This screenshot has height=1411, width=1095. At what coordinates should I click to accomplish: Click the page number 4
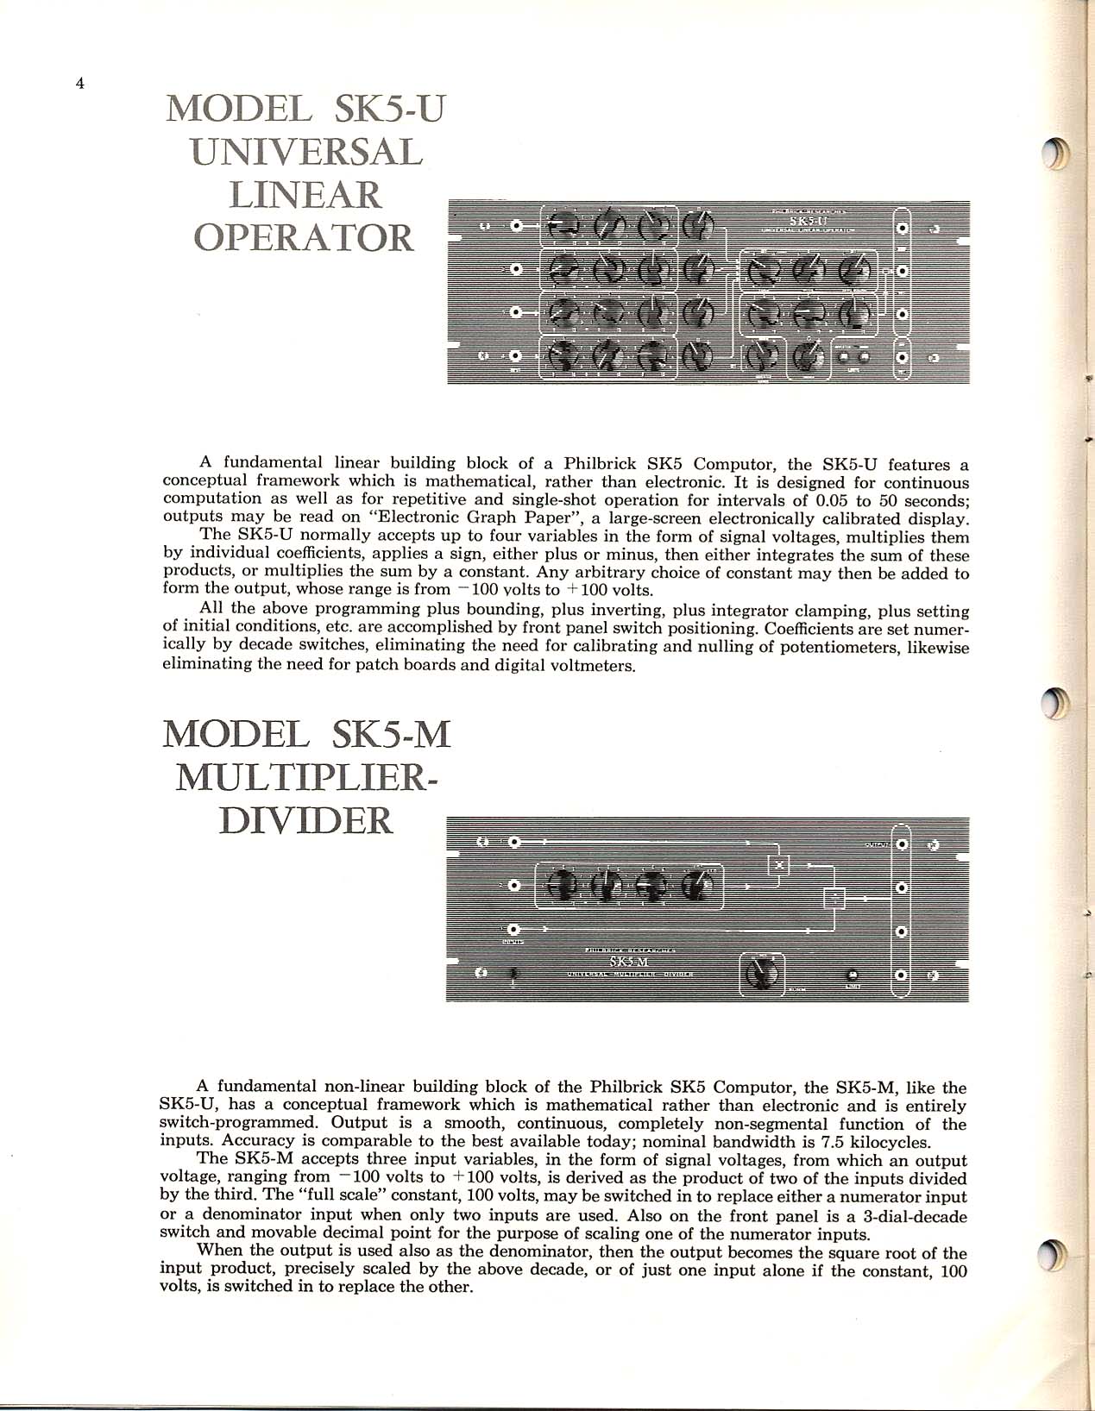click(79, 84)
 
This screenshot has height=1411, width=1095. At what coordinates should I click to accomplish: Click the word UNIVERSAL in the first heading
click(307, 152)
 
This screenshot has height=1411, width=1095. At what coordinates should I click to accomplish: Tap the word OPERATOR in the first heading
click(305, 236)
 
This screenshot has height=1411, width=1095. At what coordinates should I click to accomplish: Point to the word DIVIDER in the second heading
click(307, 820)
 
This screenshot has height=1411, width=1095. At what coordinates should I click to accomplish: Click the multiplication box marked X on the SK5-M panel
click(778, 863)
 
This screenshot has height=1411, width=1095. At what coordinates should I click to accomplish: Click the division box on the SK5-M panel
click(834, 898)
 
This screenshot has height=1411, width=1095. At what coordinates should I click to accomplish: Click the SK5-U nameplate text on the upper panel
click(802, 221)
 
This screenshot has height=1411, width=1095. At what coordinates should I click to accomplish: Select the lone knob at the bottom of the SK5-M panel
click(761, 974)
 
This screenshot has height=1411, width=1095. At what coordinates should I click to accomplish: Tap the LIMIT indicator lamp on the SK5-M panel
click(853, 975)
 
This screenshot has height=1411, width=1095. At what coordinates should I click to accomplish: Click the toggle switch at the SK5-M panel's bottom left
click(514, 975)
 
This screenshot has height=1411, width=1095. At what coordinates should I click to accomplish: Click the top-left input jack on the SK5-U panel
click(516, 227)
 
